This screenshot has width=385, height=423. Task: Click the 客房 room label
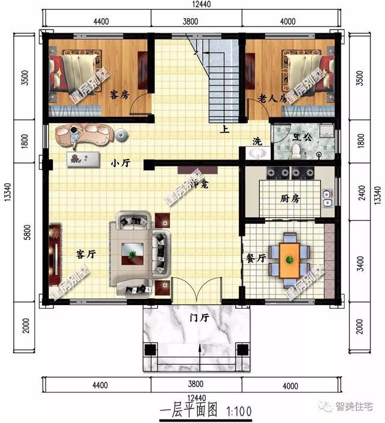click(x=120, y=94)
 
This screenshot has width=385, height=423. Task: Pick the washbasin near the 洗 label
click(x=257, y=155)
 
